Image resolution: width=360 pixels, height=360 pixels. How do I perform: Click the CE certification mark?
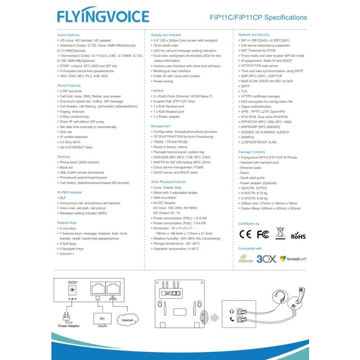pos(246,234)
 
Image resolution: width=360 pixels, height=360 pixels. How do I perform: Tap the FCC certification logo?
pos(263,234)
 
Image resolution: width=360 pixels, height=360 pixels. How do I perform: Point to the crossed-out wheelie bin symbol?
pos(280,233)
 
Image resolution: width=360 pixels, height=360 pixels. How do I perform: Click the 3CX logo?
pos(266,259)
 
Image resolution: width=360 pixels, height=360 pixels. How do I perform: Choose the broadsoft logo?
pos(293,259)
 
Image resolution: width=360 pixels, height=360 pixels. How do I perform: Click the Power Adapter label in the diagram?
pos(69,326)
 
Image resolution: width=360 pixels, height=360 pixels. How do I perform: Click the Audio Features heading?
pos(68,34)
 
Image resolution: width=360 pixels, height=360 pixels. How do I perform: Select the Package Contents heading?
pos(252,152)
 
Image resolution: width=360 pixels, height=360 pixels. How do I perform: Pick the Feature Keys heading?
pos(67,222)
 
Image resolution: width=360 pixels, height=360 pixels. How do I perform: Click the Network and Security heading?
pos(254,34)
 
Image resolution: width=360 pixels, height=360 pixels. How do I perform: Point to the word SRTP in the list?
pos(245,85)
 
